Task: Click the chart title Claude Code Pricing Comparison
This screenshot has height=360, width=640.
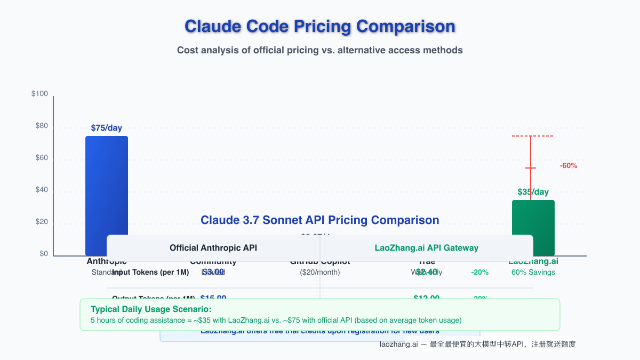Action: tap(319, 26)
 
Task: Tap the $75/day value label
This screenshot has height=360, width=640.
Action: tap(106, 128)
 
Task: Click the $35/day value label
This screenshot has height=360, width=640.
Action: tap(533, 192)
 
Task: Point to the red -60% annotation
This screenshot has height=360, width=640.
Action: tap(568, 166)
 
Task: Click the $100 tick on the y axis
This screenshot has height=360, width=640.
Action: tap(39, 94)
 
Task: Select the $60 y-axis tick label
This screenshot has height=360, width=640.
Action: tap(41, 158)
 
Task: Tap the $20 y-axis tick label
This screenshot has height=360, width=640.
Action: tap(41, 222)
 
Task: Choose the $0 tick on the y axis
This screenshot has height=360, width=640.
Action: tap(43, 254)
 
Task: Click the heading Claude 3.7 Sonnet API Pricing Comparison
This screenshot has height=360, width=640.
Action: tap(319, 220)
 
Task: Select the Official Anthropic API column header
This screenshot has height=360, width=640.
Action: tap(213, 248)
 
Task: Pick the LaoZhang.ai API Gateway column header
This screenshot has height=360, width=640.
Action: tap(426, 248)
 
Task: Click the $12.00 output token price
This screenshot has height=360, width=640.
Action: tap(426, 298)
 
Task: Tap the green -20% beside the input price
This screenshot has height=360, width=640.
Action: tap(479, 273)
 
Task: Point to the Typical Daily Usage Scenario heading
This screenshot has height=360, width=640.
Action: tap(151, 309)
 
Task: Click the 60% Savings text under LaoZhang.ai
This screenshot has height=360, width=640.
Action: tap(533, 273)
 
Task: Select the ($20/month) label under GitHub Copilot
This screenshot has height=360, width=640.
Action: tap(320, 273)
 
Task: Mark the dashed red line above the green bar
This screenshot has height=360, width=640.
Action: tap(532, 136)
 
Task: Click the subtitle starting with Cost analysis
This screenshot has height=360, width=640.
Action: tap(319, 51)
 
